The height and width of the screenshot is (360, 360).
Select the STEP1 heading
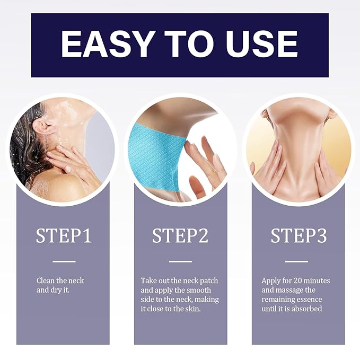click(x=64, y=236)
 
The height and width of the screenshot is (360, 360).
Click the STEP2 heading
click(x=180, y=236)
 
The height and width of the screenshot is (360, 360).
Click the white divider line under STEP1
click(x=64, y=261)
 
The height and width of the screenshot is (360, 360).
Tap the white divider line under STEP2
click(x=180, y=261)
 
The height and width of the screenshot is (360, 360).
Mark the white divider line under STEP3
click(x=296, y=261)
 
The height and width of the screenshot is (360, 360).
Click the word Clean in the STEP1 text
click(x=46, y=280)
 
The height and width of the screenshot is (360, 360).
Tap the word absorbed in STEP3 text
click(x=306, y=309)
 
